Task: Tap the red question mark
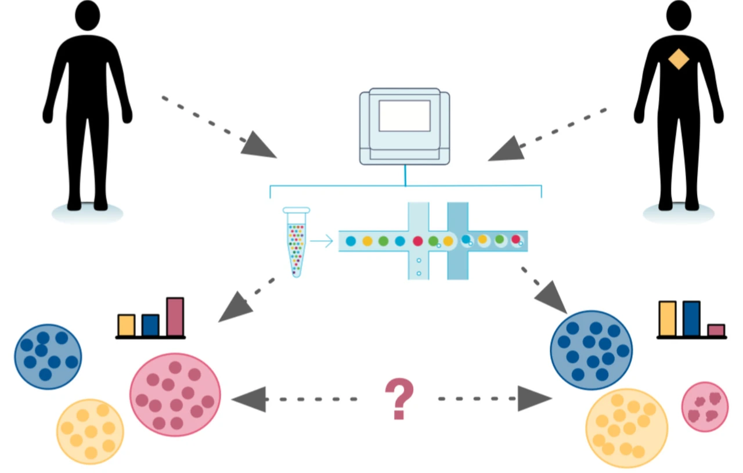[x=399, y=398]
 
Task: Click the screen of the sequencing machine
[x=405, y=115]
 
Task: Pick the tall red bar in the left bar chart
[x=175, y=317]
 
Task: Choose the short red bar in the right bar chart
[x=716, y=330]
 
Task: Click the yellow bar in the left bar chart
[x=127, y=325]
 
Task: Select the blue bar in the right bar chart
[x=691, y=319]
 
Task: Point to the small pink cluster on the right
[x=705, y=406]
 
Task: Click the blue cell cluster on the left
[x=48, y=356]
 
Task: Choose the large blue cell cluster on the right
[x=591, y=350]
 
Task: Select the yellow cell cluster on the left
[x=90, y=431]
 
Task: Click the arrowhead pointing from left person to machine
[x=259, y=147]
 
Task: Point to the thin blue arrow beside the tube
[x=322, y=240]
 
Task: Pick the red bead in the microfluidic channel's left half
[x=417, y=241]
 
